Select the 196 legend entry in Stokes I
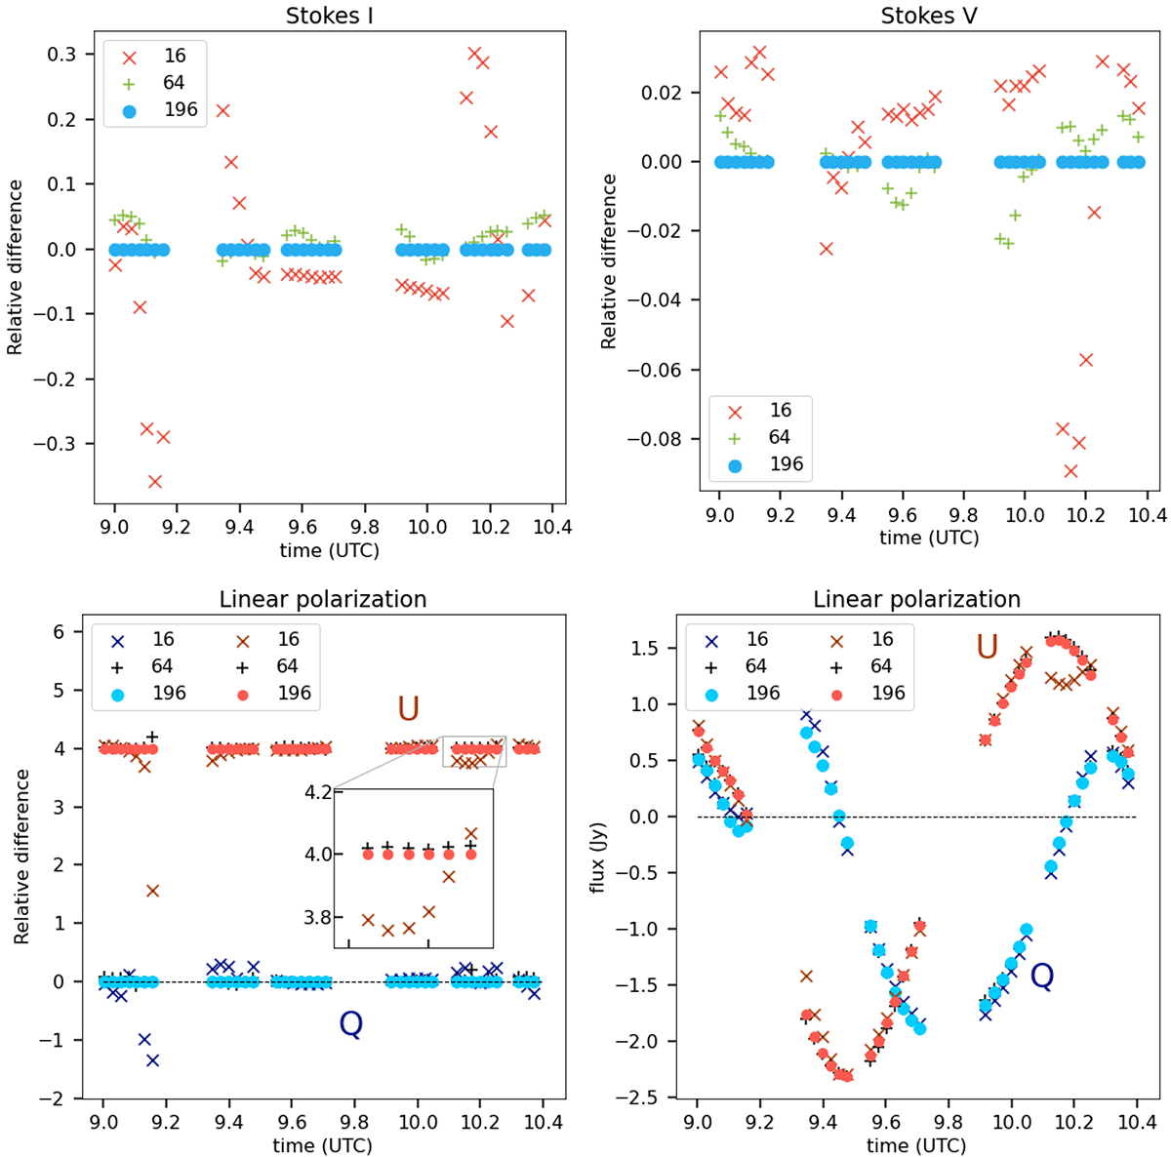[181, 109]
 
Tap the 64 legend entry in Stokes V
[779, 438]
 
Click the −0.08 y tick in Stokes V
[669, 438]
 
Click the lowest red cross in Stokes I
[154, 481]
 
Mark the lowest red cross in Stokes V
[1070, 470]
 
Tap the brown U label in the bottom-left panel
[408, 709]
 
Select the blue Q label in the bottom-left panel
[350, 1023]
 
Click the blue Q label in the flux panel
[1042, 977]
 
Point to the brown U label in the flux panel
[988, 646]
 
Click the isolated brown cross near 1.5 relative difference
[152, 891]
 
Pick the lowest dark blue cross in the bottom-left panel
[152, 1060]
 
